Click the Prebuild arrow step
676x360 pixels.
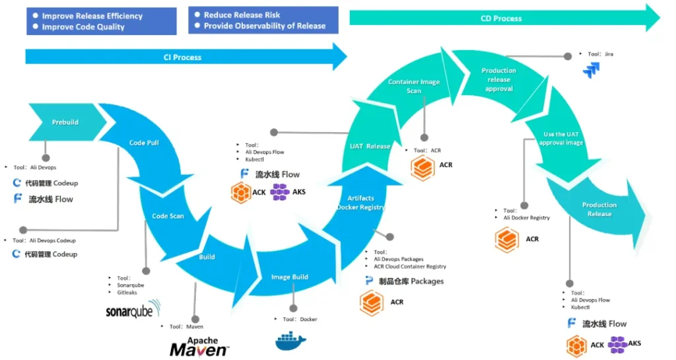click(65, 122)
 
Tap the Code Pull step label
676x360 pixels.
click(144, 143)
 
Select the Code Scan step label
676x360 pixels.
click(168, 216)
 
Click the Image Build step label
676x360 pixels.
click(290, 277)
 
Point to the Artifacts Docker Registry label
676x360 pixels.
click(360, 203)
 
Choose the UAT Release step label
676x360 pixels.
click(370, 146)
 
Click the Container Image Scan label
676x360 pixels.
click(414, 87)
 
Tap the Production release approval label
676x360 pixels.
click(499, 80)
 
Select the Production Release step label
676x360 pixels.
click(599, 209)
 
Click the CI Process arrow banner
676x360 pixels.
click(183, 57)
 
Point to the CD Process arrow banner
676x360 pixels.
click(502, 18)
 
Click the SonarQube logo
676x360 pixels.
click(133, 311)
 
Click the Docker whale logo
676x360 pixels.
click(291, 341)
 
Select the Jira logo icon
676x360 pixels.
click(591, 71)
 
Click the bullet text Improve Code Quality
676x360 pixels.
click(83, 27)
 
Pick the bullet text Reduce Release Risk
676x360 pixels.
click(242, 15)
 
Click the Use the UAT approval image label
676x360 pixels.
click(560, 139)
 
